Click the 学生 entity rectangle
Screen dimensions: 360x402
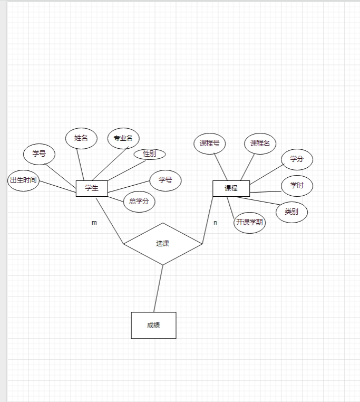(x=92, y=188)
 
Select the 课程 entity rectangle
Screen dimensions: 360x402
(x=231, y=188)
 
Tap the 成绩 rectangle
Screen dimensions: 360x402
(x=153, y=325)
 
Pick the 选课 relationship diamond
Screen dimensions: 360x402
(x=163, y=244)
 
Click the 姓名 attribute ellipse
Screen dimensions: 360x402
(x=81, y=138)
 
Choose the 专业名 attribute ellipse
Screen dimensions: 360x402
(x=123, y=138)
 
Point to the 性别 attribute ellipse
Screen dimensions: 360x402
(x=150, y=154)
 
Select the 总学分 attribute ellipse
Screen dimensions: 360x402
(x=139, y=202)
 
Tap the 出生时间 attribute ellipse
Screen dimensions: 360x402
(x=24, y=180)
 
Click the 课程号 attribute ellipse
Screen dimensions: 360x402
(x=210, y=143)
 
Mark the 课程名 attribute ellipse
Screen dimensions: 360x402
(x=260, y=143)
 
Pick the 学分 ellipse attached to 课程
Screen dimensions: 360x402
(x=297, y=159)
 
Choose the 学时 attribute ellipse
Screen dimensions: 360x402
(x=297, y=186)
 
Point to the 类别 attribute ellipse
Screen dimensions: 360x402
(x=291, y=212)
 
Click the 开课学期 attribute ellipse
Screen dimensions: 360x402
(x=249, y=223)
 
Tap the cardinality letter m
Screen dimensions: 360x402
(x=94, y=223)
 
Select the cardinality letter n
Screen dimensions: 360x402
(x=215, y=223)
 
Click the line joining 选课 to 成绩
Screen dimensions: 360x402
(x=158, y=289)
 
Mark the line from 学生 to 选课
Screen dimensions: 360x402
(x=110, y=220)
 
